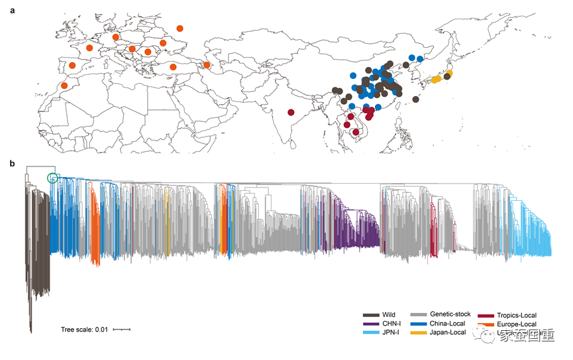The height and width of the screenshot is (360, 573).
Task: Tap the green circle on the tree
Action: click(x=52, y=178)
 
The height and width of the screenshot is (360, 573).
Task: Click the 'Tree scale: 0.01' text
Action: click(x=84, y=329)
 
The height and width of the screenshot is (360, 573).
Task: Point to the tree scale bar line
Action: click(x=121, y=329)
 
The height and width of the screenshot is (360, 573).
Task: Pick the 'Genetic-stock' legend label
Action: click(x=450, y=314)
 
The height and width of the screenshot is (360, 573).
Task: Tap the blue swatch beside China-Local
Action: click(x=419, y=324)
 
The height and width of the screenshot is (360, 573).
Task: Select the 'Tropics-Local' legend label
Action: click(x=516, y=315)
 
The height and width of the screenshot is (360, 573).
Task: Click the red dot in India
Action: click(x=291, y=112)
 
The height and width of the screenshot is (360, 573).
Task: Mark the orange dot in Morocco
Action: click(x=64, y=86)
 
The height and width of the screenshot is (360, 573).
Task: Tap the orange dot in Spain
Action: click(x=72, y=65)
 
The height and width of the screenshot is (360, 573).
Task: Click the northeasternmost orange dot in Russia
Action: click(x=180, y=28)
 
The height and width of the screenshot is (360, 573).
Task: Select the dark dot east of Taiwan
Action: click(x=415, y=99)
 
